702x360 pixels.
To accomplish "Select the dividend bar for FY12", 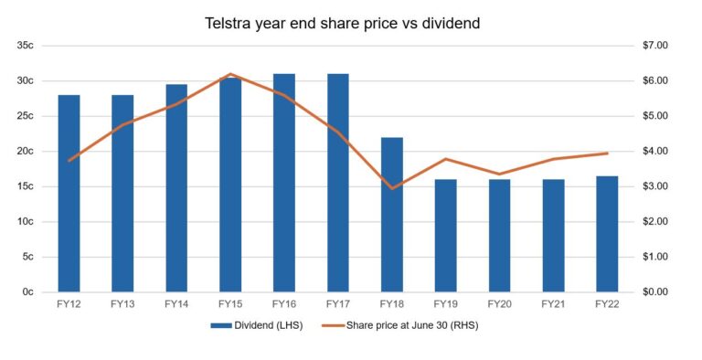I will click(69, 193).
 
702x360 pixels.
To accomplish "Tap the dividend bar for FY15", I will click(230, 185).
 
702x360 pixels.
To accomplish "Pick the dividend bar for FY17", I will click(338, 183).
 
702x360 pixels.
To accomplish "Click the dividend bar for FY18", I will click(392, 215).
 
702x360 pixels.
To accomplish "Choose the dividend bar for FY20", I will click(499, 236).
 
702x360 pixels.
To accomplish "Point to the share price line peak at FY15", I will click(230, 74).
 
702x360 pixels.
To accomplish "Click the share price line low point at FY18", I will click(392, 188).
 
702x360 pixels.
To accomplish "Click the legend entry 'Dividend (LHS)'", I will click(250, 324).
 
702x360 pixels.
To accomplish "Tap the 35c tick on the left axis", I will click(25, 45).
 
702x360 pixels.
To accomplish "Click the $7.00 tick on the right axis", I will click(657, 45).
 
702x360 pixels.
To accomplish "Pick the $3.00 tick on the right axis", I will click(657, 186).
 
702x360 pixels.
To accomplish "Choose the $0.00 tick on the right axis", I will click(657, 292).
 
